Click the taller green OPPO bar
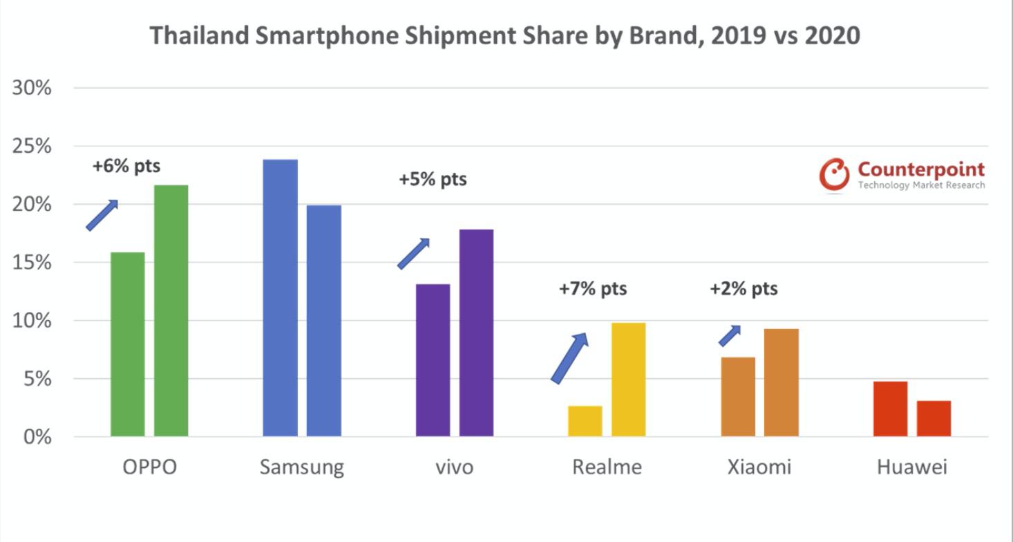pyautogui.click(x=171, y=310)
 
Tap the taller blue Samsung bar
pyautogui.click(x=281, y=298)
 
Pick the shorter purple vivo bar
pyautogui.click(x=433, y=360)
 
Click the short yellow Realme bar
pyautogui.click(x=585, y=421)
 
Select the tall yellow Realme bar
pyautogui.click(x=628, y=380)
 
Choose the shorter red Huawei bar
pyautogui.click(x=934, y=418)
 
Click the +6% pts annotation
pyautogui.click(x=126, y=167)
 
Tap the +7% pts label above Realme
pyautogui.click(x=593, y=288)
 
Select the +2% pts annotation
pyautogui.click(x=744, y=288)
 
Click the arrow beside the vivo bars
pyautogui.click(x=413, y=254)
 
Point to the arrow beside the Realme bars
pyautogui.click(x=569, y=357)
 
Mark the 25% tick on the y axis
pyautogui.click(x=32, y=147)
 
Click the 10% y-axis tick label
pyautogui.click(x=32, y=321)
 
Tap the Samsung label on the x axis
pyautogui.click(x=301, y=467)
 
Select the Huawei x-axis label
pyautogui.click(x=912, y=467)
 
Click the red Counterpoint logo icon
pyautogui.click(x=834, y=174)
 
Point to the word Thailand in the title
pyautogui.click(x=200, y=35)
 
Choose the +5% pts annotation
pyautogui.click(x=433, y=180)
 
